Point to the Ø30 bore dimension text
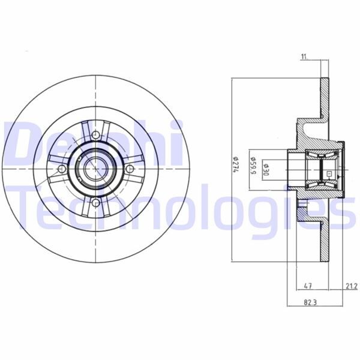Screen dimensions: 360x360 (266, 169)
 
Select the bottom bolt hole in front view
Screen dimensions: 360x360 (96, 205)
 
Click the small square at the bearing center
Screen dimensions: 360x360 (329, 174)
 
